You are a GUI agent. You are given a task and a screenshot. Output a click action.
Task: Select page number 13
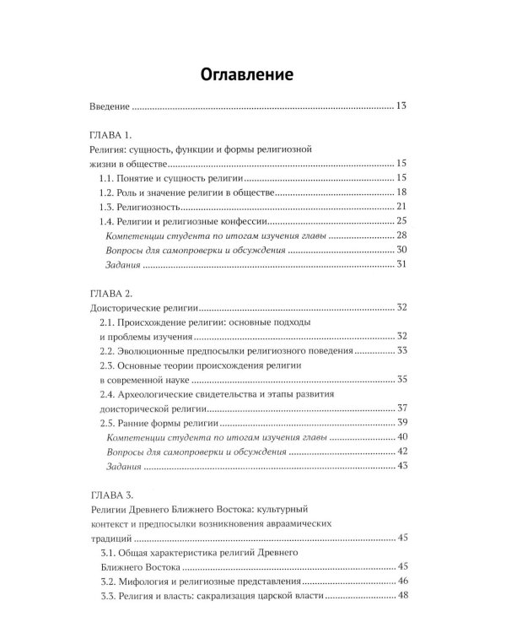(401, 106)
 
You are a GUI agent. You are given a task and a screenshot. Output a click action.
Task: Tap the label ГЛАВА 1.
(111, 134)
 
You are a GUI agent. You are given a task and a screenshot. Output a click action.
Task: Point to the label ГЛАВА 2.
(111, 293)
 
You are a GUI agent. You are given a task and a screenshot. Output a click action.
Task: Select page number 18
(401, 192)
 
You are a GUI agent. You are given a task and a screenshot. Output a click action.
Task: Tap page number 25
(401, 222)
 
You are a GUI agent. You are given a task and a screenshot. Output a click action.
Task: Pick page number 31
(401, 266)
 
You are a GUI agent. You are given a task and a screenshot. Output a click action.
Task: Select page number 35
(401, 380)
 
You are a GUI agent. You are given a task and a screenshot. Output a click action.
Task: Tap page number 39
(401, 423)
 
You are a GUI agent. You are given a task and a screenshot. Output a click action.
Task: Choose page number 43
(401, 467)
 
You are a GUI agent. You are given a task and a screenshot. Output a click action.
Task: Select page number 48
(401, 597)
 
